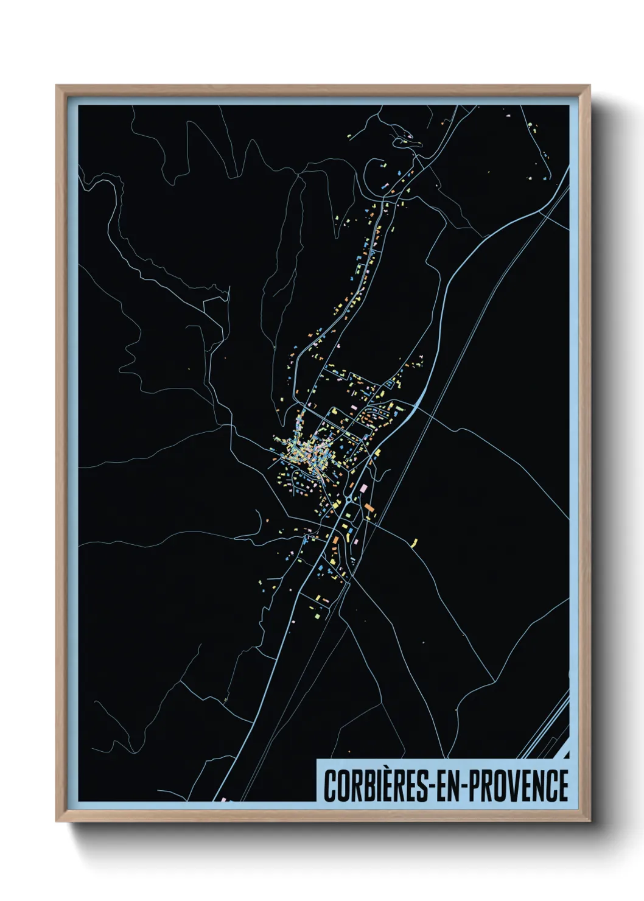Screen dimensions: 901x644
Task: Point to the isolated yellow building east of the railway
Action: (x=416, y=541)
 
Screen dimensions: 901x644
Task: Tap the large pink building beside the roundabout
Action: (x=365, y=488)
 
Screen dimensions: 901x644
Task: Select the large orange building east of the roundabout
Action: (x=369, y=507)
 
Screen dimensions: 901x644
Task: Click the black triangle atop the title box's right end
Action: (x=567, y=755)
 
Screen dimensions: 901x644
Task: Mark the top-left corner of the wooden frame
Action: (x=57, y=86)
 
